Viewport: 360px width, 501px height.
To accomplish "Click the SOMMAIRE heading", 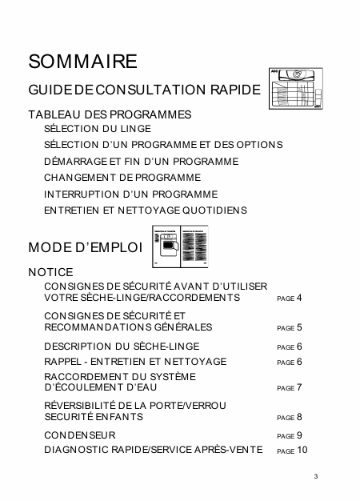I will [82, 62].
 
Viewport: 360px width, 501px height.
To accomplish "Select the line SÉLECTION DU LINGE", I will [97, 128].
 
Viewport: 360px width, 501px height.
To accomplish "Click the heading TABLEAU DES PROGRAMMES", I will [110, 114].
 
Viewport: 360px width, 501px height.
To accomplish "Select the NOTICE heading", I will [50, 272].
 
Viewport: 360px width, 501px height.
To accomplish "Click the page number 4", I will [299, 298].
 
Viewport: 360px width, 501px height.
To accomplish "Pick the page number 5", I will [299, 327].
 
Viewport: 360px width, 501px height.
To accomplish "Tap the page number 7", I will [299, 387].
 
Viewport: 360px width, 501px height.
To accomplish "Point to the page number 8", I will [299, 417].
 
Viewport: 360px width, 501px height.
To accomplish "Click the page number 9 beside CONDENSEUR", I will [299, 435].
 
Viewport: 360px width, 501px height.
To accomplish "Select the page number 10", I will [302, 451].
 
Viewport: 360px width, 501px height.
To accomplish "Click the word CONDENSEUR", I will [80, 435].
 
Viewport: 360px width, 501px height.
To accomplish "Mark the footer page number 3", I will [316, 478].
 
